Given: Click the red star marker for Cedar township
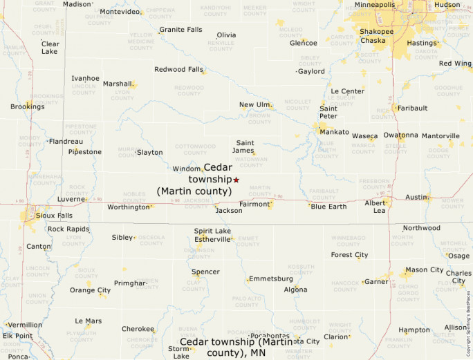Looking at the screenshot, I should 236,180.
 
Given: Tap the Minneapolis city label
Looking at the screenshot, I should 375,5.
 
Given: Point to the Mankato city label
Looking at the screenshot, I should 334,131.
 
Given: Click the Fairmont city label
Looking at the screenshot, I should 253,204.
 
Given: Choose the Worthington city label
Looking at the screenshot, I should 128,207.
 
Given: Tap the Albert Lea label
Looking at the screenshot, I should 375,207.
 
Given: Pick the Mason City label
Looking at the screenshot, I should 425,269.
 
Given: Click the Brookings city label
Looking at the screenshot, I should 27,106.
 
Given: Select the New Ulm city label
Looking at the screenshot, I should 254,104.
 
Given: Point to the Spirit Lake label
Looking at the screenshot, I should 212,231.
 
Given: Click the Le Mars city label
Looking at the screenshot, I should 88,321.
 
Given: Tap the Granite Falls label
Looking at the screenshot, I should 180,30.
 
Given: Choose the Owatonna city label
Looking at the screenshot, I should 400,135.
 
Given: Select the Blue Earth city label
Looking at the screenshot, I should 328,207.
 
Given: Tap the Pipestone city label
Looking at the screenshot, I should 84,152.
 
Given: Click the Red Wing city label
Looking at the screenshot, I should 455,64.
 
